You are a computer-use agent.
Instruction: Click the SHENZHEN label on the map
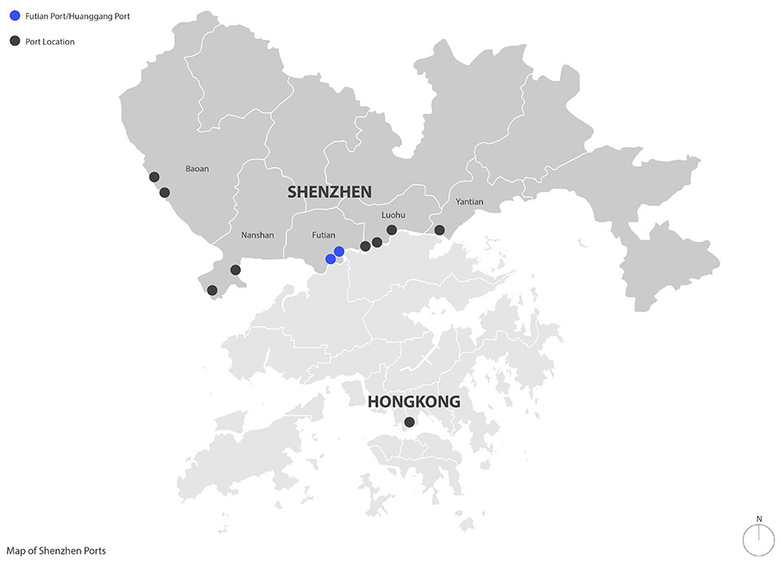329,192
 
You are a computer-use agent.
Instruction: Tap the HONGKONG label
413,402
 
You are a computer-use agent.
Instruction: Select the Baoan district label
197,169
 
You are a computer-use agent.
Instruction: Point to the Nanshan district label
258,235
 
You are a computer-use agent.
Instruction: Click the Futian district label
324,235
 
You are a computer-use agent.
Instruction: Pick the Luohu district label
393,216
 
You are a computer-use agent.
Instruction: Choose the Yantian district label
469,201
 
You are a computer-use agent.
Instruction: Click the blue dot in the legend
15,16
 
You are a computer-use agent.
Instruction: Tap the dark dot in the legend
15,41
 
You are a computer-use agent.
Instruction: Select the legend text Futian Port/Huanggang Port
77,16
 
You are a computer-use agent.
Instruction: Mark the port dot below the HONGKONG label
409,422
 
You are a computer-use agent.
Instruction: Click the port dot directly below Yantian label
439,230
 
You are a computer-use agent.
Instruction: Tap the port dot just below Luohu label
391,230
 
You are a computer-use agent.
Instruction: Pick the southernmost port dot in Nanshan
212,290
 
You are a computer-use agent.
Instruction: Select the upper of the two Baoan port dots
154,177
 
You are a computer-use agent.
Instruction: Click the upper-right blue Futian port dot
339,252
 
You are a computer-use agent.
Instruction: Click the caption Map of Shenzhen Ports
55,551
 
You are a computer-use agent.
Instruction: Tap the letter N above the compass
759,519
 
